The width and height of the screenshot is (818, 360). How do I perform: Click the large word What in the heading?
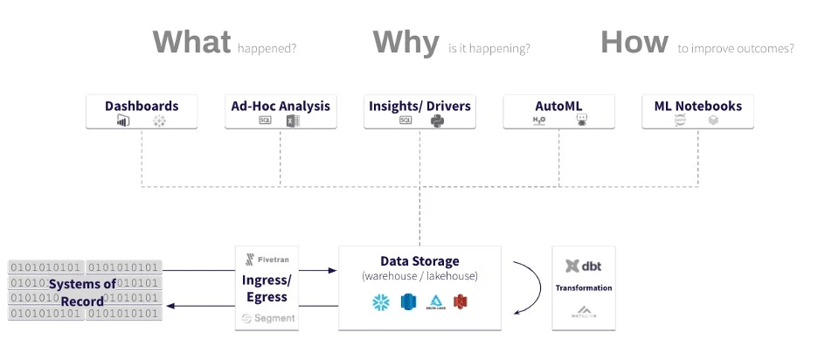tap(192, 43)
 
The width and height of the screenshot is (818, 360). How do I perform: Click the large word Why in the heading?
tap(406, 43)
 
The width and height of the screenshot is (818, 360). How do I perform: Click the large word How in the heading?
tap(634, 43)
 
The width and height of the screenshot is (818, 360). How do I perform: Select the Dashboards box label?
tap(142, 107)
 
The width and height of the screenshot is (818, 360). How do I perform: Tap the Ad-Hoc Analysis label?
tap(281, 107)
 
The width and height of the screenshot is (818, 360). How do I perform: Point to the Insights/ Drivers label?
tap(419, 107)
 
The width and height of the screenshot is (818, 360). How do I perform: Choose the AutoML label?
tap(558, 107)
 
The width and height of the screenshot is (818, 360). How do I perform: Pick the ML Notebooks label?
tap(697, 107)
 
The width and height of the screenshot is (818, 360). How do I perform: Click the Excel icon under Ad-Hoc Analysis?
tap(293, 121)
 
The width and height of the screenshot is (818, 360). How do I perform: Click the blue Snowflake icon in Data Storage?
tap(380, 302)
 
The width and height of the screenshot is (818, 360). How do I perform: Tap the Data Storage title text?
tap(419, 261)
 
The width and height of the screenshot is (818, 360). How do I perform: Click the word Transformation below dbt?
tap(584, 287)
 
